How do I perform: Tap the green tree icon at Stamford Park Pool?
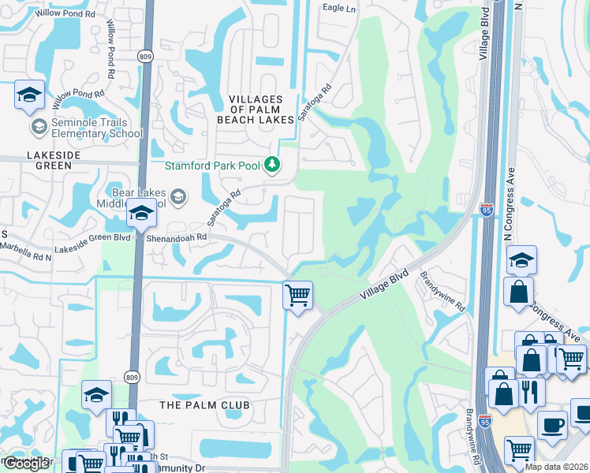273,165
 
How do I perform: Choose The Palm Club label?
204,404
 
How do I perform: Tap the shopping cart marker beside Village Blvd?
297,296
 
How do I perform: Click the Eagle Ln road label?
340,8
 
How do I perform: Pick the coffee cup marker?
551,425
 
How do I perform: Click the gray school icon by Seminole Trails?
39,126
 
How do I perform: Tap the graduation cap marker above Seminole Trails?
29,95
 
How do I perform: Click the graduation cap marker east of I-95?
521,260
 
